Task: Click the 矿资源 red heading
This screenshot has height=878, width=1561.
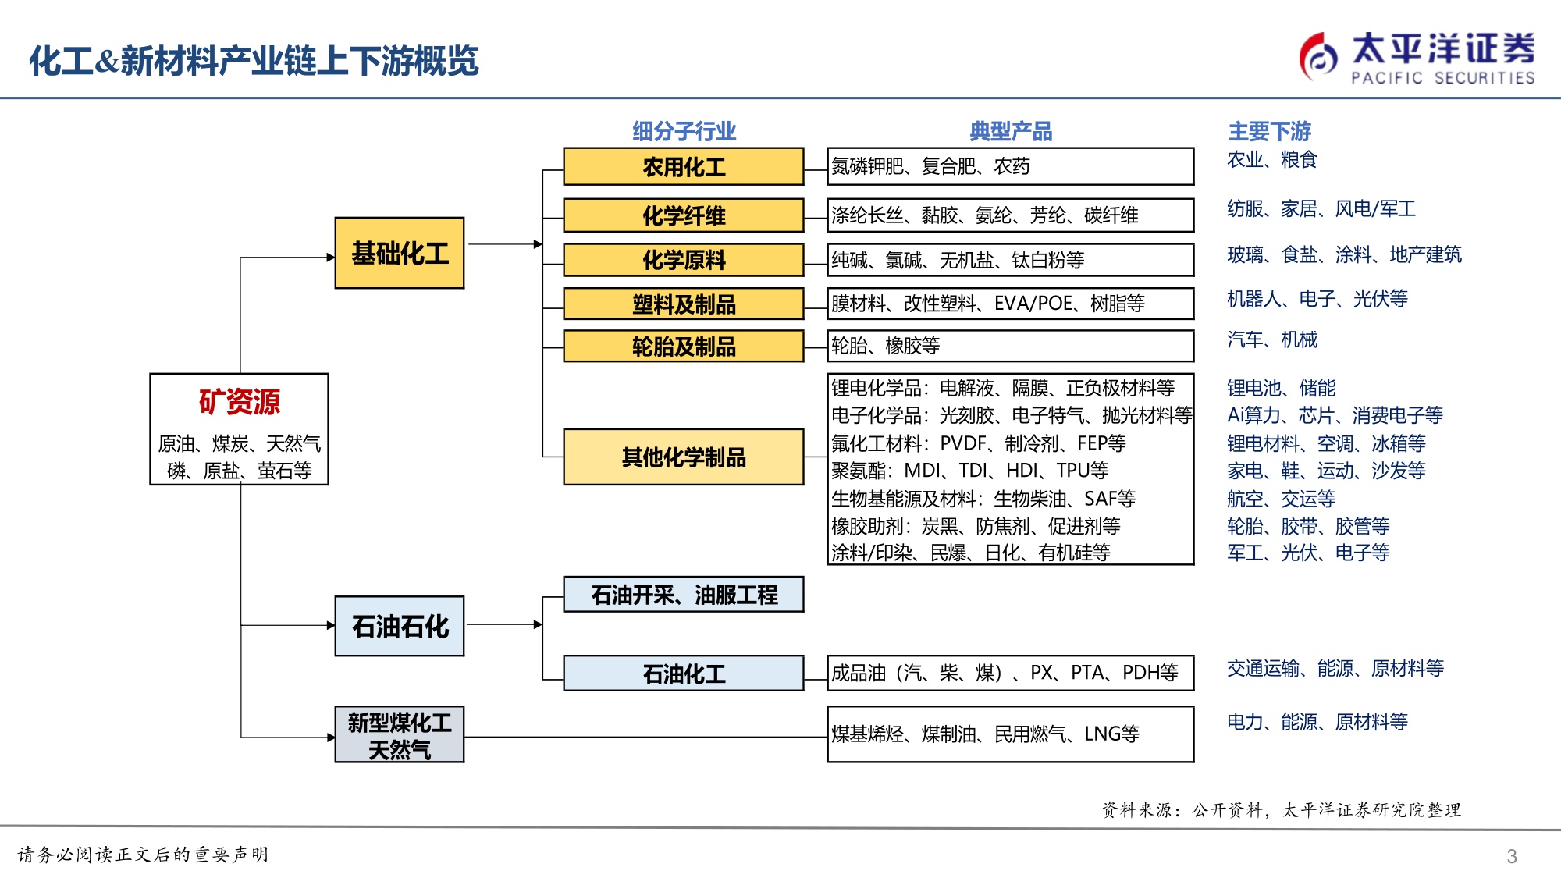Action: click(x=239, y=402)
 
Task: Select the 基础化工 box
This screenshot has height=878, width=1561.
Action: click(x=399, y=254)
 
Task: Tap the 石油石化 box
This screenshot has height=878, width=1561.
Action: click(x=399, y=626)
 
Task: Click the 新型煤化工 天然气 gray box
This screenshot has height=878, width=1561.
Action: click(x=399, y=734)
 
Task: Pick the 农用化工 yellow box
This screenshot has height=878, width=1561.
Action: click(x=683, y=166)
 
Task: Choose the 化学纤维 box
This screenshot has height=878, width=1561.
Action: click(x=683, y=215)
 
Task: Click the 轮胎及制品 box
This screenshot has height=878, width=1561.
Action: click(x=683, y=346)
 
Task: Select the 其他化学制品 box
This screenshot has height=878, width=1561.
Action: click(x=683, y=457)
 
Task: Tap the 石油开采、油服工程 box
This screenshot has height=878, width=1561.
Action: click(x=683, y=595)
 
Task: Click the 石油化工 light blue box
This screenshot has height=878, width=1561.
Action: click(x=683, y=673)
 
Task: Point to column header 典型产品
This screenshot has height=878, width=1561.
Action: click(x=1010, y=131)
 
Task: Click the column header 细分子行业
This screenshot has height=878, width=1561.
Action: click(x=684, y=131)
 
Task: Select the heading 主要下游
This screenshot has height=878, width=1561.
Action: click(x=1269, y=131)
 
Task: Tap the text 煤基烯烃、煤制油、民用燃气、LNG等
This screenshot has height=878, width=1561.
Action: click(x=985, y=734)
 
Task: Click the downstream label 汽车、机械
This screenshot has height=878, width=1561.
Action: click(x=1271, y=339)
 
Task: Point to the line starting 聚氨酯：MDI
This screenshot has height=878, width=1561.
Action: click(x=969, y=471)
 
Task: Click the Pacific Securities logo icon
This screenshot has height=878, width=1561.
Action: click(x=1318, y=57)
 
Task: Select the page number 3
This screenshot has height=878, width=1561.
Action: click(x=1511, y=856)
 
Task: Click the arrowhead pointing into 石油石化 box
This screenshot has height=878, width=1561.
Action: click(x=330, y=625)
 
